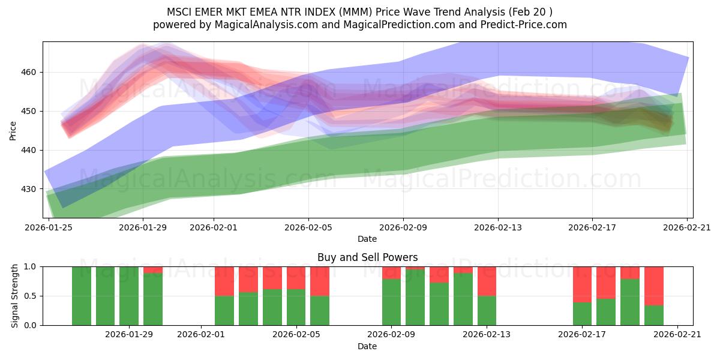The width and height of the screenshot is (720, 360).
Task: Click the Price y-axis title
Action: [x=13, y=130]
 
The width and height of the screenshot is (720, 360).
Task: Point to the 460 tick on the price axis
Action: [x=29, y=72]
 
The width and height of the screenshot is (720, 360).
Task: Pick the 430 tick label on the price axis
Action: [x=29, y=189]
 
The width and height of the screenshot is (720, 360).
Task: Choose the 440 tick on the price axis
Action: [x=29, y=150]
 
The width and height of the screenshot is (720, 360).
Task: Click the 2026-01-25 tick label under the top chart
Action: [x=49, y=227]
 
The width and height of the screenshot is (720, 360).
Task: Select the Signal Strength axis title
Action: [x=15, y=296]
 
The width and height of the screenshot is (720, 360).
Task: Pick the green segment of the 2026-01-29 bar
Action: [x=152, y=300]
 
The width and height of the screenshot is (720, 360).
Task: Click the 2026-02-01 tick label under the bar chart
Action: [x=201, y=335]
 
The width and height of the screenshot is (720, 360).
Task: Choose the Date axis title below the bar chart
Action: [x=367, y=346]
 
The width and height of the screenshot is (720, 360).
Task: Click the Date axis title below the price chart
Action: [x=367, y=239]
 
